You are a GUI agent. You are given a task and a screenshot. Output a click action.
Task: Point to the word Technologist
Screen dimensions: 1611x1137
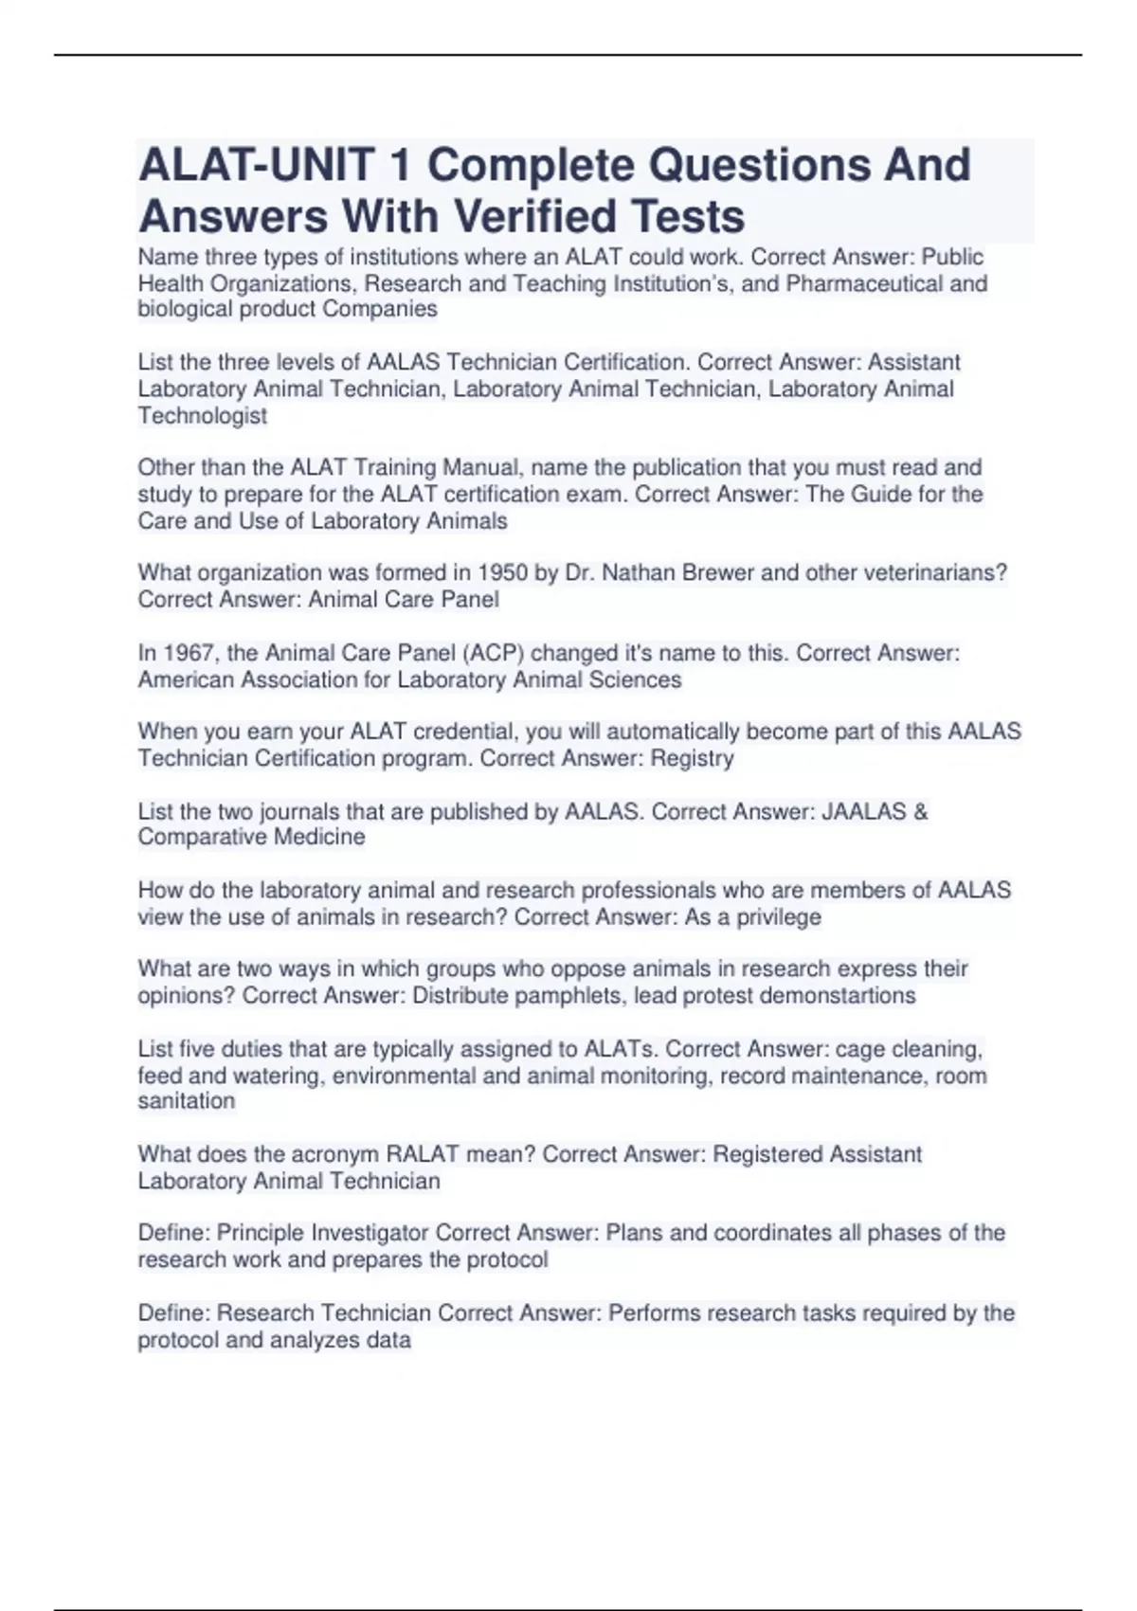[x=203, y=415]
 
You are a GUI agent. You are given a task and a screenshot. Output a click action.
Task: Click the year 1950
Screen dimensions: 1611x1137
[x=503, y=572]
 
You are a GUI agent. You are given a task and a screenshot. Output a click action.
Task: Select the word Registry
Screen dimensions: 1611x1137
[x=692, y=758]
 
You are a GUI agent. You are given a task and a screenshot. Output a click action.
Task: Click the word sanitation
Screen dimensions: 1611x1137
[x=187, y=1101]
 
